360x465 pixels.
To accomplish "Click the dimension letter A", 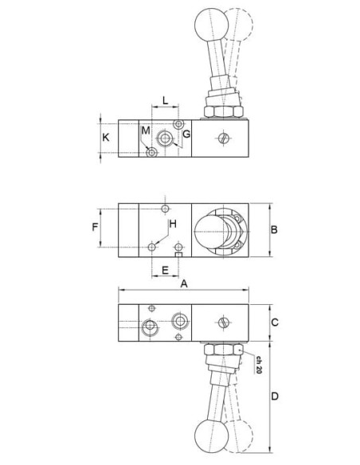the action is (x=184, y=283).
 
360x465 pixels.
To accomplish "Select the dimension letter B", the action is (x=274, y=229).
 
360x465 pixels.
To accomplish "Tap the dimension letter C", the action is (x=275, y=322).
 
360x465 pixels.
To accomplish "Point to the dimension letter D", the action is (x=275, y=396).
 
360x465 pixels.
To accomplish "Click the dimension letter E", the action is (x=165, y=270).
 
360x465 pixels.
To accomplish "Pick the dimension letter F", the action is (x=95, y=227).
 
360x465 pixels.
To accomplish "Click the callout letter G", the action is (x=186, y=134).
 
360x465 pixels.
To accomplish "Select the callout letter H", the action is (x=173, y=224).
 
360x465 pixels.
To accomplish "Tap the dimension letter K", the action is (x=106, y=137).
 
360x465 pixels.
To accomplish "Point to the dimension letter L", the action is (x=165, y=100).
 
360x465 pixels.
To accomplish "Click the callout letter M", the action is (x=146, y=131).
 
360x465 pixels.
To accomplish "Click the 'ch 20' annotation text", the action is (x=259, y=365).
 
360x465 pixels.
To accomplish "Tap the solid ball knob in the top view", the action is (x=212, y=24).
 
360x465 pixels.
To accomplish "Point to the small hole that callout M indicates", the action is (x=152, y=153).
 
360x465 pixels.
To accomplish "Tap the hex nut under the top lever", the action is (x=224, y=111).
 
